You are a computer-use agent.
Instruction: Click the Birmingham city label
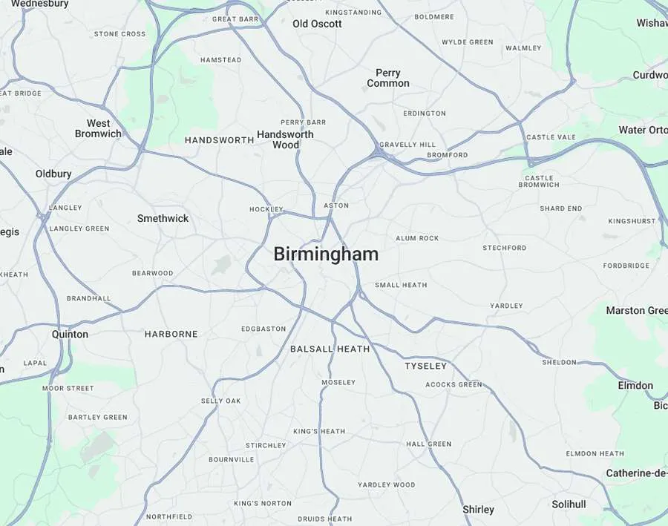pos(326,254)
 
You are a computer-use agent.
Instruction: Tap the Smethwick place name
pos(163,218)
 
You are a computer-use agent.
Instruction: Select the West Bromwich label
pos(98,128)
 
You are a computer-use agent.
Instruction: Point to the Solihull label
pos(569,504)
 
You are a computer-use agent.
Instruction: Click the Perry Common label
pos(387,78)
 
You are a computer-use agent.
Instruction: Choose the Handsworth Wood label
pos(285,139)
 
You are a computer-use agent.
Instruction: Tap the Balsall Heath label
pos(330,349)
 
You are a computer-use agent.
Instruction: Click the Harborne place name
pos(171,334)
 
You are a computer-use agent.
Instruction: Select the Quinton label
pos(70,334)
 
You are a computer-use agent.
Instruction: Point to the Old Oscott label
pos(317,24)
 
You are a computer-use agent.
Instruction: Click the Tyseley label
pos(426,366)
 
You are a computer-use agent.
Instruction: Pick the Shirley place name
pos(478,510)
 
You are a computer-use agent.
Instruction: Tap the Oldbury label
pos(53,174)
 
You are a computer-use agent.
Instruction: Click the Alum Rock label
pos(417,238)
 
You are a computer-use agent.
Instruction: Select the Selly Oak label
pos(220,401)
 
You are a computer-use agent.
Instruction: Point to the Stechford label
pos(504,248)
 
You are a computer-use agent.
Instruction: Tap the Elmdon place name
pos(635,385)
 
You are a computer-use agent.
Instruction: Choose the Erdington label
pos(425,114)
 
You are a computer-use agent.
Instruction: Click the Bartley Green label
pos(98,417)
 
